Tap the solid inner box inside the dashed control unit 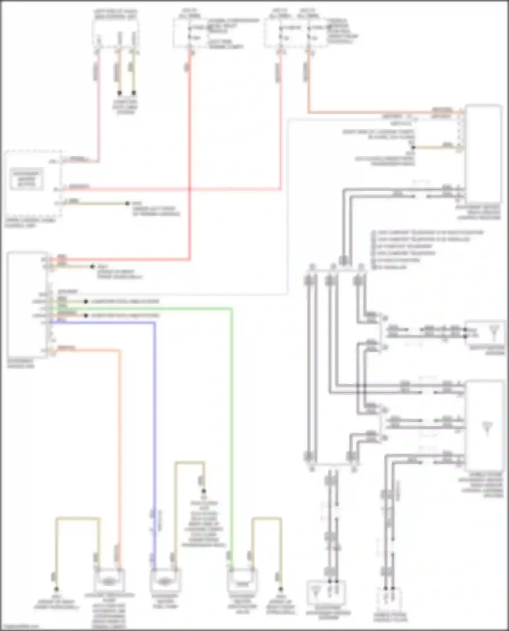point(26,179)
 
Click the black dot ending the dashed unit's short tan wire point(127,203)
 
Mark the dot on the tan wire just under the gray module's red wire point(92,267)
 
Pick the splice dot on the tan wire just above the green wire point(86,301)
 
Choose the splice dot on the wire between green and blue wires point(86,315)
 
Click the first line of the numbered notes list point(428,233)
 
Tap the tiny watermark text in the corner point(19,627)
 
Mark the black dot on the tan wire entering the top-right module point(413,147)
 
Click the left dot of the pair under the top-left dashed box point(119,93)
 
